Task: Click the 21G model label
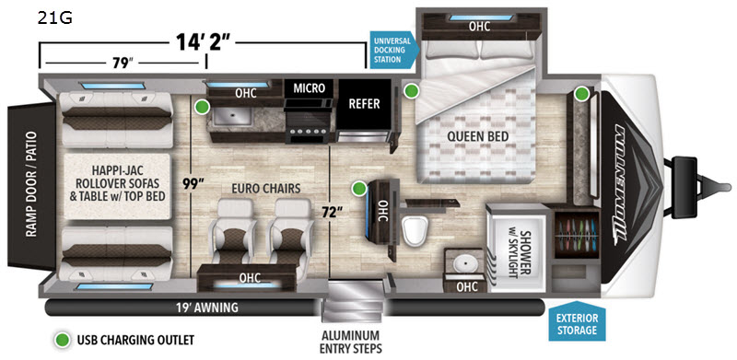(x=55, y=18)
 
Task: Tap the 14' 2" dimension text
(x=203, y=42)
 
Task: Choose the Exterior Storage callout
(x=577, y=321)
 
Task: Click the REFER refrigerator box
(x=365, y=104)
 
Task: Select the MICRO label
(x=309, y=87)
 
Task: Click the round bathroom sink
(x=465, y=264)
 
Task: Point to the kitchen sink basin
(x=233, y=115)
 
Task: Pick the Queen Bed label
(x=477, y=137)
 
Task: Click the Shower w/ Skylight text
(x=520, y=249)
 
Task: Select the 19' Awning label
(x=208, y=308)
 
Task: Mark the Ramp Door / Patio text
(x=32, y=185)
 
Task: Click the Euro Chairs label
(x=265, y=190)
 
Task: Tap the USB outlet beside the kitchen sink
(x=202, y=107)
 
